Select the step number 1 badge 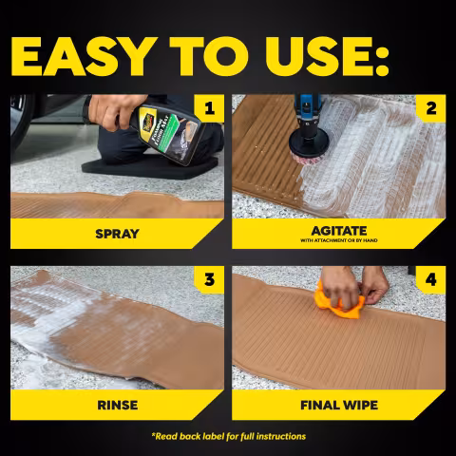tap(209, 108)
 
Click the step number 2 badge tap(430, 108)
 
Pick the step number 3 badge tap(209, 280)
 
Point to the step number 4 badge tap(430, 280)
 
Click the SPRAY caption tap(117, 234)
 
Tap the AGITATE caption tap(339, 231)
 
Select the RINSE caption tap(118, 406)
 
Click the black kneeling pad tap(150, 167)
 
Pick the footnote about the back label tap(229, 436)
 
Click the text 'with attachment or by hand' tap(339, 240)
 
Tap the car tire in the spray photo tap(20, 123)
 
